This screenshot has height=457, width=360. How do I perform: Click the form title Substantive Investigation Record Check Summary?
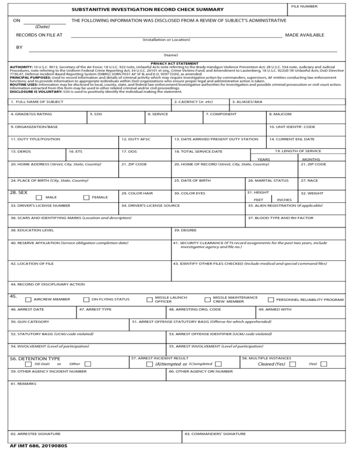(148, 9)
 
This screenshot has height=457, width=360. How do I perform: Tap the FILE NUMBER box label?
(304, 7)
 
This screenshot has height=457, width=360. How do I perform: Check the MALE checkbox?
(39, 197)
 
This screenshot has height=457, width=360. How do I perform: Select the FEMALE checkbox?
(86, 197)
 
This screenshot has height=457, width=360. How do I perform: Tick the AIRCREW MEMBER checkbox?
(28, 300)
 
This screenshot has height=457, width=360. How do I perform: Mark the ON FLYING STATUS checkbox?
(87, 300)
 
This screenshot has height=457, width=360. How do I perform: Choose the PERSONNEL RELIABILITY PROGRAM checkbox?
(271, 300)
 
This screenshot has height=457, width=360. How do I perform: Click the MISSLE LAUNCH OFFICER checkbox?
(149, 300)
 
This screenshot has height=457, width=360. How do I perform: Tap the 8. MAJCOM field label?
(280, 114)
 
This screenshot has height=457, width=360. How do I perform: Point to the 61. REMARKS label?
(24, 384)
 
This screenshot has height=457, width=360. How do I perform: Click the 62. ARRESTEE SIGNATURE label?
(36, 434)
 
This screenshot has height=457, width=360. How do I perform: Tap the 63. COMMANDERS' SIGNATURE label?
(215, 434)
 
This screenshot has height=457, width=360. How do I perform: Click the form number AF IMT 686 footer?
(38, 446)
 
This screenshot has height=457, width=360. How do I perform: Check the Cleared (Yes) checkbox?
(293, 364)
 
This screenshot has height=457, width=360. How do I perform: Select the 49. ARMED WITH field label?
(275, 309)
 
